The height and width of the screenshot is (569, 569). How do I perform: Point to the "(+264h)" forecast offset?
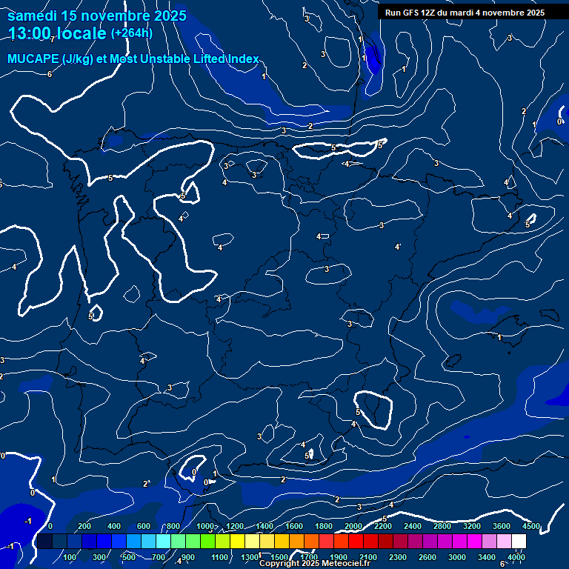(x=132, y=33)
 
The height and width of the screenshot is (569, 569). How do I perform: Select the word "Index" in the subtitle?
(x=243, y=59)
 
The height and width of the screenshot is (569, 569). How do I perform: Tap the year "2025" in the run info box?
(x=532, y=13)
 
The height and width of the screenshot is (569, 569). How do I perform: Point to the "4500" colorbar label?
(x=531, y=526)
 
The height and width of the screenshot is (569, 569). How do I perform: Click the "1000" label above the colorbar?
(x=205, y=526)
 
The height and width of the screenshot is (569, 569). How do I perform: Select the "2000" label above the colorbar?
(x=353, y=526)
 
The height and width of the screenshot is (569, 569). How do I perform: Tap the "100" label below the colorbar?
(x=71, y=557)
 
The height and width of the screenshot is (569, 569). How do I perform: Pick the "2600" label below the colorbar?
(x=427, y=557)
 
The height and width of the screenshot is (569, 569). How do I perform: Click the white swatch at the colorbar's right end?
(x=519, y=542)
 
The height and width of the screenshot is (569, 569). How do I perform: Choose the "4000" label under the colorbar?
(x=516, y=557)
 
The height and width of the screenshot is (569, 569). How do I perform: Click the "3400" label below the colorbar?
(x=487, y=557)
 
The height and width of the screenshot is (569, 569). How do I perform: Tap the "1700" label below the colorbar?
(x=309, y=557)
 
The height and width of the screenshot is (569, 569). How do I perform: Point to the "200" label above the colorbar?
(x=84, y=526)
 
